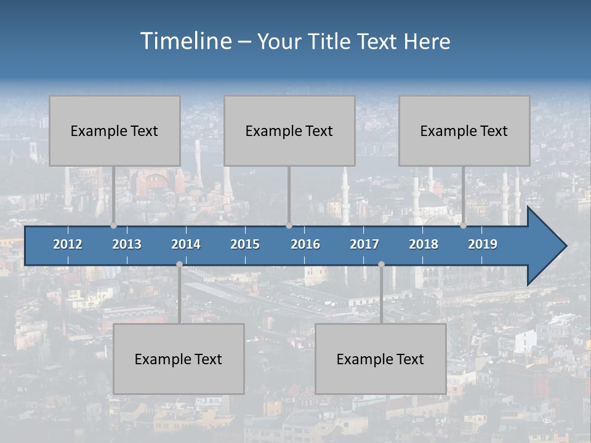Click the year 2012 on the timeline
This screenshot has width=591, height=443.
68,244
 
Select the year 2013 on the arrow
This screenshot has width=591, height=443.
127,244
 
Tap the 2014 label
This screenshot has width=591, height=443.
186,244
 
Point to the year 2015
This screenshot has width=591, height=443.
245,244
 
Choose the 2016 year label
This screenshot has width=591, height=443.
305,244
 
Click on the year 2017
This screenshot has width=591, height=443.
364,244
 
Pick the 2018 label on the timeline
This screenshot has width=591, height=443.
424,244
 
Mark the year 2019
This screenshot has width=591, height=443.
483,244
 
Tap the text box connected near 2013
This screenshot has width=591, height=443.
115,130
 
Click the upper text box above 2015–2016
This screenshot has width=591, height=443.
289,130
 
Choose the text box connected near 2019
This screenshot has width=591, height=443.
464,130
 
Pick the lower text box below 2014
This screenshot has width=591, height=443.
179,359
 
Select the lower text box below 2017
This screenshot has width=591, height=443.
380,359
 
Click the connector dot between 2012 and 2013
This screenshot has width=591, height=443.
113,225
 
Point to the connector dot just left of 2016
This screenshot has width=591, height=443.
289,225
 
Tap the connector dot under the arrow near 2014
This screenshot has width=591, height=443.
179,264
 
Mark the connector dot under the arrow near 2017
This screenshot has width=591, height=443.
381,264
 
